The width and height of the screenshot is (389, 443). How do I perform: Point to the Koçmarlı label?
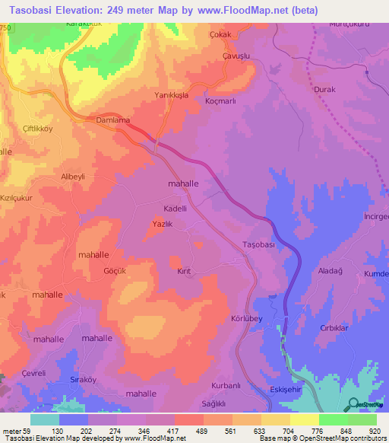(223, 100)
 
